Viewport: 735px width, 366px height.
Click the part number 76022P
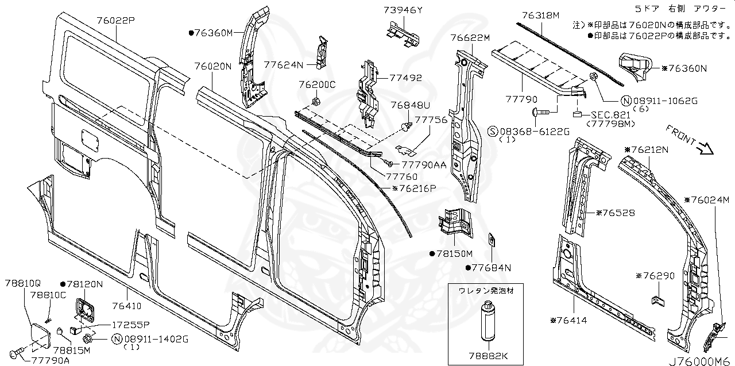point(115,20)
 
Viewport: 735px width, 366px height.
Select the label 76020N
point(212,66)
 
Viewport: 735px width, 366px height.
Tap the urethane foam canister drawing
point(487,323)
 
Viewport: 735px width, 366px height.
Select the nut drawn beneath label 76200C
point(316,102)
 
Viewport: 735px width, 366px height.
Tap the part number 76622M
point(470,38)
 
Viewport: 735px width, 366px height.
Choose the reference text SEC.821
point(601,115)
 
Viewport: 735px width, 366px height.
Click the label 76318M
point(540,16)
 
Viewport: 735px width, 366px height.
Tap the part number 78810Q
point(23,283)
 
